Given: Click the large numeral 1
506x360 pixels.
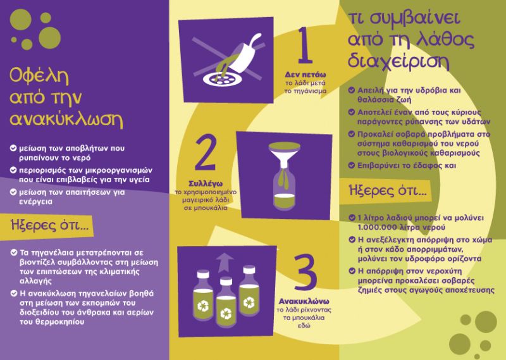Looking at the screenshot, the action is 305,46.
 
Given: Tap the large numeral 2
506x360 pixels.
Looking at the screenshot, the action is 206,152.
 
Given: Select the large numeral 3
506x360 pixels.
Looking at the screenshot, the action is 305,272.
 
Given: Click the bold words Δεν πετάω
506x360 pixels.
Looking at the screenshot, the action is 305,75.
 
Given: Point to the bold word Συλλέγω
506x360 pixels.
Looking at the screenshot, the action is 206,183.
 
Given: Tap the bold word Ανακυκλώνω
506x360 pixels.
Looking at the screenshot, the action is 304,301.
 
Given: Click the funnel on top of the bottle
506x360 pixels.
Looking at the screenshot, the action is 284,155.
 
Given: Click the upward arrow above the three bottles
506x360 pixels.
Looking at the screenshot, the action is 225,263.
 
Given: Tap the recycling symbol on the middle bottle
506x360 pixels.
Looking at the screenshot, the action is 226,313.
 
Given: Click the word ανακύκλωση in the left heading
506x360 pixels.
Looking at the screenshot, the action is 66,119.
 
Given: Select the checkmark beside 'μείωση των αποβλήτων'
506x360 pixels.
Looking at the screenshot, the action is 13,148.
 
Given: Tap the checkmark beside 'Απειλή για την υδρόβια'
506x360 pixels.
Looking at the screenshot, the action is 352,90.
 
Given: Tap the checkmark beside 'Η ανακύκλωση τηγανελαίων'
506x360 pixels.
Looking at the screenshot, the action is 14,293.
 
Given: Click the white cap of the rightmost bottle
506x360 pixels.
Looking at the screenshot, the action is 249,270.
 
